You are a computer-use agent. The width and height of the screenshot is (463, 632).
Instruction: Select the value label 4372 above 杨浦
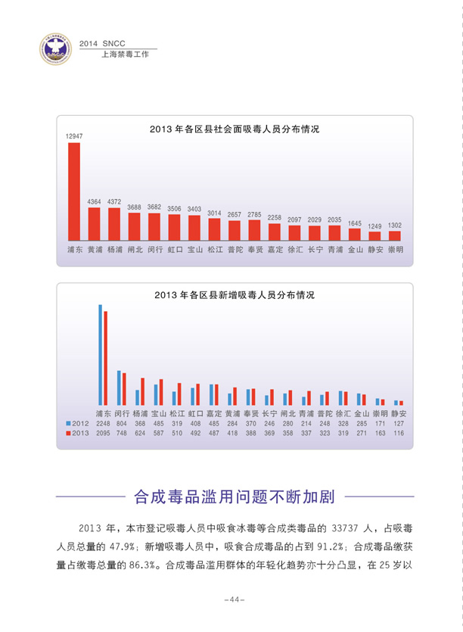114,201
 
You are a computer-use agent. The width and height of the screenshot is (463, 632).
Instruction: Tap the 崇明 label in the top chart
395,249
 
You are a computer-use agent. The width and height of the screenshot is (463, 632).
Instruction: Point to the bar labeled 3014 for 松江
214,229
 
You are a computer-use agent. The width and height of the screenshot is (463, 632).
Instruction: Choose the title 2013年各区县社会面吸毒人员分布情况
235,129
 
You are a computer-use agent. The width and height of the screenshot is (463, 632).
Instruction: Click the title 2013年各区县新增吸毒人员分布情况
235,294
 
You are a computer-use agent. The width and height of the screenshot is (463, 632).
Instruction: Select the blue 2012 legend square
68,424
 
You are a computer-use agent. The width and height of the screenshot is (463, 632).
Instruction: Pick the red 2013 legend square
68,434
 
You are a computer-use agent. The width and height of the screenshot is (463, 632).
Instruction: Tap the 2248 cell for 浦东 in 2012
103,424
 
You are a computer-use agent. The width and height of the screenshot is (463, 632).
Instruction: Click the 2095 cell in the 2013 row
103,434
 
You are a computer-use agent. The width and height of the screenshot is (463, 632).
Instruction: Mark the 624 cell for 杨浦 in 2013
140,434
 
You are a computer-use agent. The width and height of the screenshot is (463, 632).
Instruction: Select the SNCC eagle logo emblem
54,48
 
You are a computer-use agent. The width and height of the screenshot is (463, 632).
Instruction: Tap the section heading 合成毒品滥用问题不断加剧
235,497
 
